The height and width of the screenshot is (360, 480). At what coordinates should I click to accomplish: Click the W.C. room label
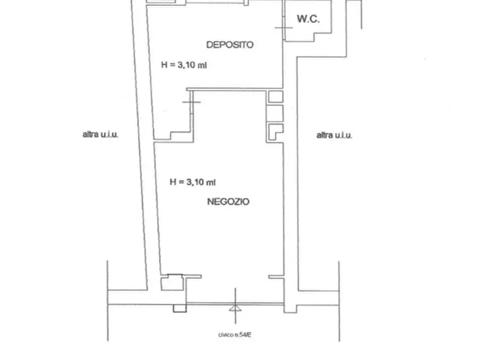pos(309,19)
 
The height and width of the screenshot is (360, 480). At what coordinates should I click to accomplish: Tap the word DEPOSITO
pos(230,45)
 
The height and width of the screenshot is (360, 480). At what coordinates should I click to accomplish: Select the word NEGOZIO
pos(228,201)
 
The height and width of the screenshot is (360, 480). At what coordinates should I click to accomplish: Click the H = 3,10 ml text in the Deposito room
pos(184,65)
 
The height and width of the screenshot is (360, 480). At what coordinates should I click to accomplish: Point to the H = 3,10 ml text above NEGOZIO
pos(192,182)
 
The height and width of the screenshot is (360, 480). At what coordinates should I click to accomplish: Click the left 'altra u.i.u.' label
pos(101,134)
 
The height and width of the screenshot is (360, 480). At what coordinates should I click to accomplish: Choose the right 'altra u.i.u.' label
pos(334,135)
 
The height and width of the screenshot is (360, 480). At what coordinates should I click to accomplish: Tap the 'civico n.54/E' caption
pos(235,335)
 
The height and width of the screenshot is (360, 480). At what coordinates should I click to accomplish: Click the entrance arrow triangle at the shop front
pos(235,308)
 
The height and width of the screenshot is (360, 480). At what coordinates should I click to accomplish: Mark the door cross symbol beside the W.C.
pos(284,27)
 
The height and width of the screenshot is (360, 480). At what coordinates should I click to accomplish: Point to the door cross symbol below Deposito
pos(191,102)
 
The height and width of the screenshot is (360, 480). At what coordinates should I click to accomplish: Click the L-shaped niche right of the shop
pos(276,132)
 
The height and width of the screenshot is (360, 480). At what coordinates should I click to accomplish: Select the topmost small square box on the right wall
pos(276,97)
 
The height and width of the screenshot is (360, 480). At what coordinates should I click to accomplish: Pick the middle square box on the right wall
pos(275,113)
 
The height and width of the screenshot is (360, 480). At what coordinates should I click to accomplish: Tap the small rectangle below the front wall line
pos(180,308)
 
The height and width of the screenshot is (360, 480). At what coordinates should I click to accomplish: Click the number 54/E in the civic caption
pos(246,335)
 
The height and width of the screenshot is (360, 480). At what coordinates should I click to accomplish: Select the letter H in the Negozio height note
pos(173,182)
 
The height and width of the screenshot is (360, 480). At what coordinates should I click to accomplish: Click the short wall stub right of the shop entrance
pos(276,277)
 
